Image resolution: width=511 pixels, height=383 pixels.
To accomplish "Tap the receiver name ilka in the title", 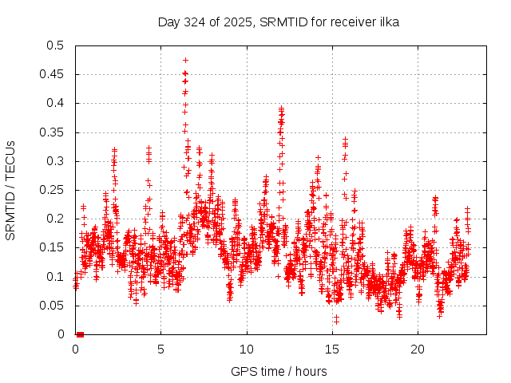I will click(389, 22).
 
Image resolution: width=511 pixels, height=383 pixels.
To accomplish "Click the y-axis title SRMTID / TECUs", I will click(10, 190).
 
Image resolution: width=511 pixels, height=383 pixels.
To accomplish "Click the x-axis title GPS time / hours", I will click(278, 371).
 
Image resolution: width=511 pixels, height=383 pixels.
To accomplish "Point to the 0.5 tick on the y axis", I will click(55, 45).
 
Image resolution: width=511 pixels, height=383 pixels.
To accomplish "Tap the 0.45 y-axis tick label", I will click(52, 74).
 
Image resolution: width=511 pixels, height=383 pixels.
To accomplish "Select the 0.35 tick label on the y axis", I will click(52, 132).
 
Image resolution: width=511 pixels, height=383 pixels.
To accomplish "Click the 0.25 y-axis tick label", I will click(52, 190).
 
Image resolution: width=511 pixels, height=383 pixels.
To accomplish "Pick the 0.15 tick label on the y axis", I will click(52, 247).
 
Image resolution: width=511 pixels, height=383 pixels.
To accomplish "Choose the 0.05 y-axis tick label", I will click(52, 306).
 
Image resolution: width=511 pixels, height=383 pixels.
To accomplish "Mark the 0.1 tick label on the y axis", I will click(55, 277).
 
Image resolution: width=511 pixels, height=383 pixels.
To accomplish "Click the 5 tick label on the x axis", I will click(160, 349).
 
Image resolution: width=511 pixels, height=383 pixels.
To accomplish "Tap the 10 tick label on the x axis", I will click(247, 349).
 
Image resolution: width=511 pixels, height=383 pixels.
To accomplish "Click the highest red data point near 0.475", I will click(185, 60).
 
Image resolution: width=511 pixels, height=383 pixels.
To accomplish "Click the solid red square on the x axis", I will click(80, 334).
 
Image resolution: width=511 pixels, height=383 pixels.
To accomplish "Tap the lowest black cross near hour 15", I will click(336, 321).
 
